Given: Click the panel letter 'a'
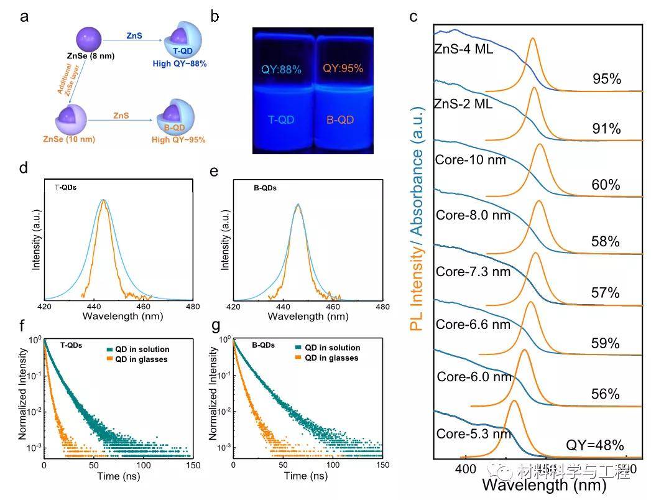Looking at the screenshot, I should coord(24,17).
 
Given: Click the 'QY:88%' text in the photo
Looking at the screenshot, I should coord(281,70).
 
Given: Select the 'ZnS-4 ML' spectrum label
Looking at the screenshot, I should coord(463,49).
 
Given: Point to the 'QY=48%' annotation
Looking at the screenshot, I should coord(594,445).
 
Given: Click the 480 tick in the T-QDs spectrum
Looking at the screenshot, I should coord(193,307).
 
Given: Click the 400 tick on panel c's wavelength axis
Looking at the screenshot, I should coord(464,466).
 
